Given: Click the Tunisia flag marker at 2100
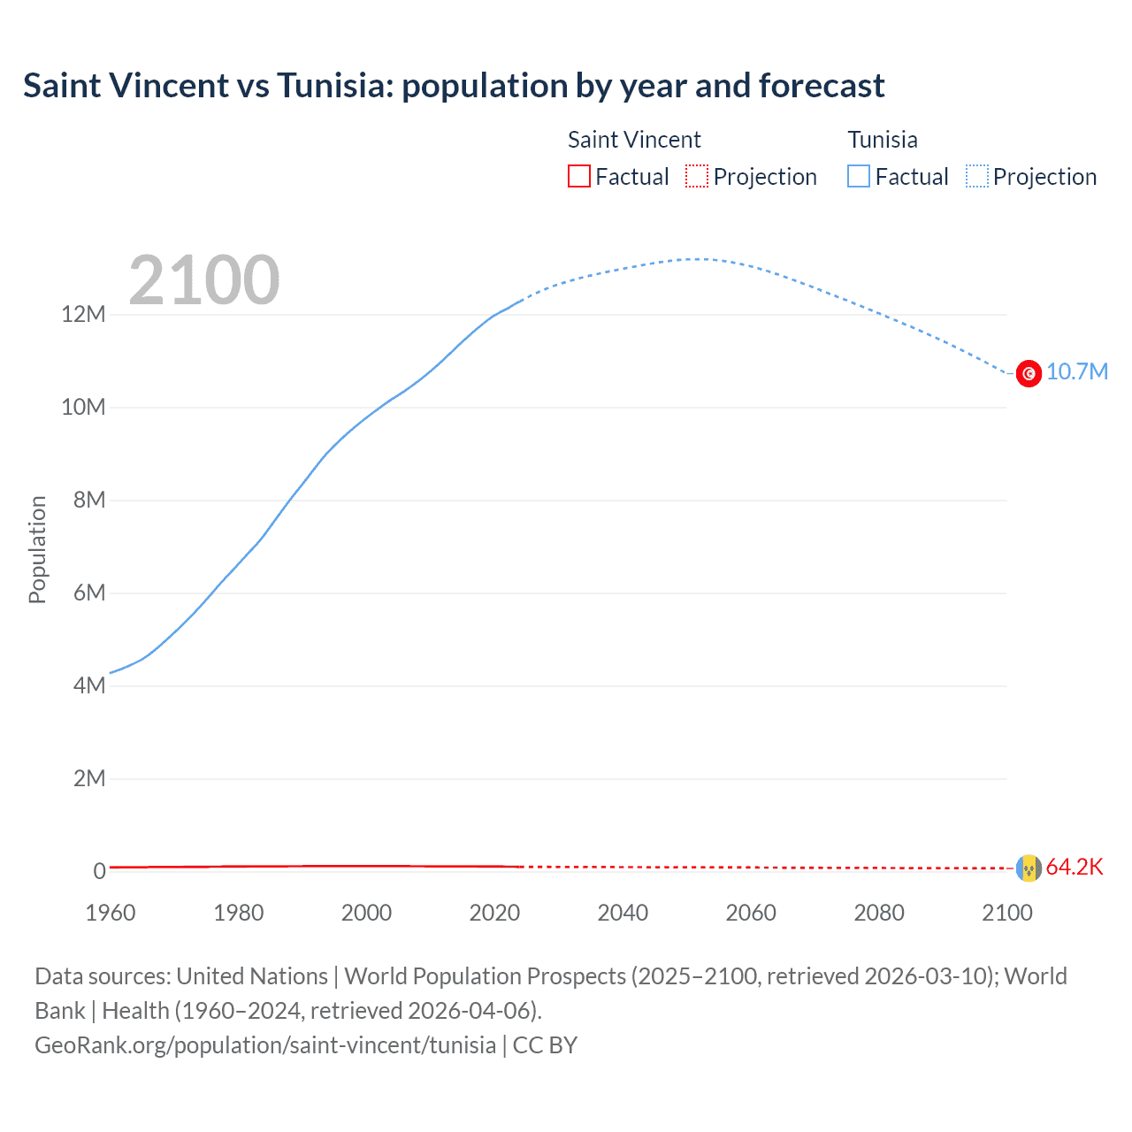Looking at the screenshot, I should click(1029, 373).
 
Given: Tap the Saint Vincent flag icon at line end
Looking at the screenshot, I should click(1029, 868).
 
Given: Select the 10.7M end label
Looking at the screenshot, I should click(1076, 372).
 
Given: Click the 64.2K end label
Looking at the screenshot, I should click(1075, 867).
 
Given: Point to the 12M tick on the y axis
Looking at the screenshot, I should click(84, 315).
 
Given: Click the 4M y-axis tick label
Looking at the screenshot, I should click(89, 685).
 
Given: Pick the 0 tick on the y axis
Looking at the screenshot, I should click(99, 871).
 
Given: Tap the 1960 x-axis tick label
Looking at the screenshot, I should click(111, 913).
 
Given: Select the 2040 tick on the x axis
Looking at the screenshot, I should click(623, 913).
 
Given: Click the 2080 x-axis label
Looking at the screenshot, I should click(879, 913).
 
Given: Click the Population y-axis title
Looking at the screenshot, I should click(37, 549).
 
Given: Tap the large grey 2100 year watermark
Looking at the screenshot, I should click(204, 280).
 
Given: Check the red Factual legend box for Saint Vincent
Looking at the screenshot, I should click(579, 177).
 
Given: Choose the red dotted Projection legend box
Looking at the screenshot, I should click(697, 177).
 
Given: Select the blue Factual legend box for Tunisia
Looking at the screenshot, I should click(859, 177).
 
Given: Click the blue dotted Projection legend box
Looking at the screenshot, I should click(976, 177).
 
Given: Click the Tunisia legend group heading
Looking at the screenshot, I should click(883, 140).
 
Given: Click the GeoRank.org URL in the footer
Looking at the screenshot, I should click(265, 1045).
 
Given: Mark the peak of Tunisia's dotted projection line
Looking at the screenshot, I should click(700, 259).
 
